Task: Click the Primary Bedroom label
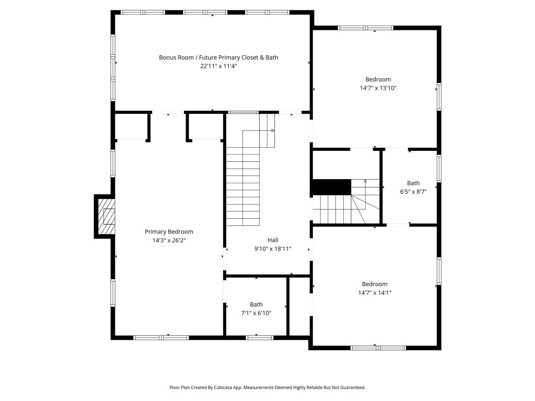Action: pos(169,232)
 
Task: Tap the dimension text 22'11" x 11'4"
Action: pos(218,66)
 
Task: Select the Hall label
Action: pos(273,240)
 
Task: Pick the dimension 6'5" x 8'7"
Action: pos(413,192)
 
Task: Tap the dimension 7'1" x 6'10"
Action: pos(256,313)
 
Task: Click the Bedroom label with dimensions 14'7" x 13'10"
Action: pos(378,79)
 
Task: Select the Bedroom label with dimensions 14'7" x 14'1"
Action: pos(375,284)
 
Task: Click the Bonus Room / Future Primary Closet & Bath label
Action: pos(218,57)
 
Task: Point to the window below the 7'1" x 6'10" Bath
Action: pos(260,338)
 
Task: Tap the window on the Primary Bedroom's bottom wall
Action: pos(161,338)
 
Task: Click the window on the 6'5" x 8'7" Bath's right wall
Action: pos(439,168)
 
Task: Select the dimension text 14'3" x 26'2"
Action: pos(169,240)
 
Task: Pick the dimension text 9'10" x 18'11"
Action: pos(273,249)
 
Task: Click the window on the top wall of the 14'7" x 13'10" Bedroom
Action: pos(365,28)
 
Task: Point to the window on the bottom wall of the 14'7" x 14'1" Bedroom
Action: pos(378,348)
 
